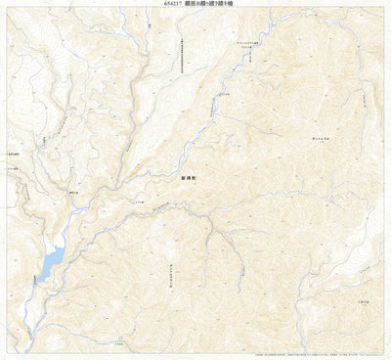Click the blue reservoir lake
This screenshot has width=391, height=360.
[51, 259]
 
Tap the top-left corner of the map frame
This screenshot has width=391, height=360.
[8, 10]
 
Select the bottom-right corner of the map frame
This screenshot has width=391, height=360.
[383, 349]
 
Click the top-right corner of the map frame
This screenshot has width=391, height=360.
[383, 10]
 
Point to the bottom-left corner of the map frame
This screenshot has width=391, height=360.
[8, 349]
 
